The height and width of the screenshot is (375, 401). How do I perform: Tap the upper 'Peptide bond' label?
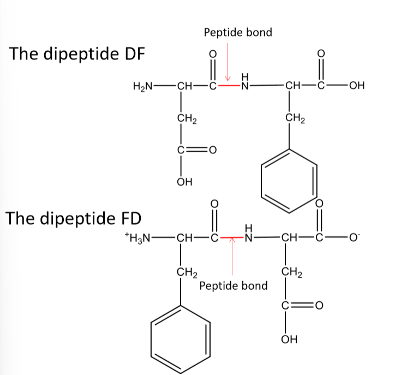pos(238,33)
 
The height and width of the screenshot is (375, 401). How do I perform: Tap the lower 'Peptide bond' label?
pos(234,285)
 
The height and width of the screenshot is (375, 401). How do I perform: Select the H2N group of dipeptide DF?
pos(143,86)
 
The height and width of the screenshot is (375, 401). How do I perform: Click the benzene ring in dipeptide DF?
pos(289,178)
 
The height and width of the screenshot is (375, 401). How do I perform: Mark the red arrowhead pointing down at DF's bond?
pos(229,78)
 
